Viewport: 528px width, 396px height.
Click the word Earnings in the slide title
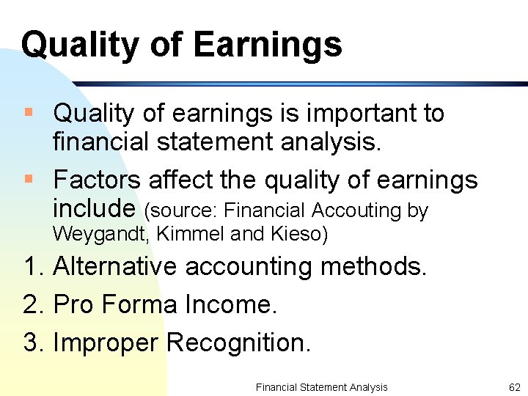(x=268, y=44)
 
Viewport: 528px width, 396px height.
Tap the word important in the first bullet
(x=351, y=114)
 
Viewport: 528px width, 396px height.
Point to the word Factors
(x=97, y=180)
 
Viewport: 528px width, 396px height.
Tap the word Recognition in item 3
(x=238, y=342)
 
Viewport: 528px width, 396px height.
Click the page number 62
(x=514, y=387)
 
